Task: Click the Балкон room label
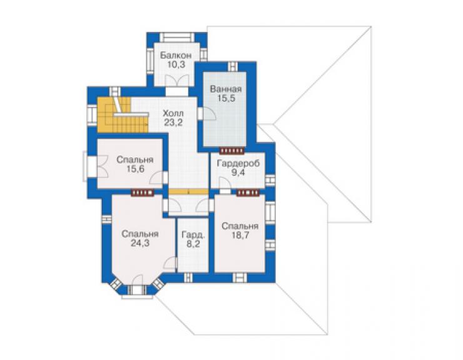point(176,55)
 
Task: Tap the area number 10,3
point(176,64)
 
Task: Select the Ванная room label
point(226,89)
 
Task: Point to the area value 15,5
point(226,98)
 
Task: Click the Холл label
point(173,113)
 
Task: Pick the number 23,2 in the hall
point(173,122)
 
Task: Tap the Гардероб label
point(238,163)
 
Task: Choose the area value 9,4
point(238,173)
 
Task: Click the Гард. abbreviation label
point(193,235)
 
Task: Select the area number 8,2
point(193,244)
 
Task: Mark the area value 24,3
point(140,244)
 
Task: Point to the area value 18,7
point(240,235)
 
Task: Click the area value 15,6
point(135,169)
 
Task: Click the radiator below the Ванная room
point(232,151)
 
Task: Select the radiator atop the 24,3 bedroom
point(142,193)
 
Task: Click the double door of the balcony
point(176,80)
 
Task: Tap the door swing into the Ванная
point(210,113)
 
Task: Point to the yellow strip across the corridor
point(188,192)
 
